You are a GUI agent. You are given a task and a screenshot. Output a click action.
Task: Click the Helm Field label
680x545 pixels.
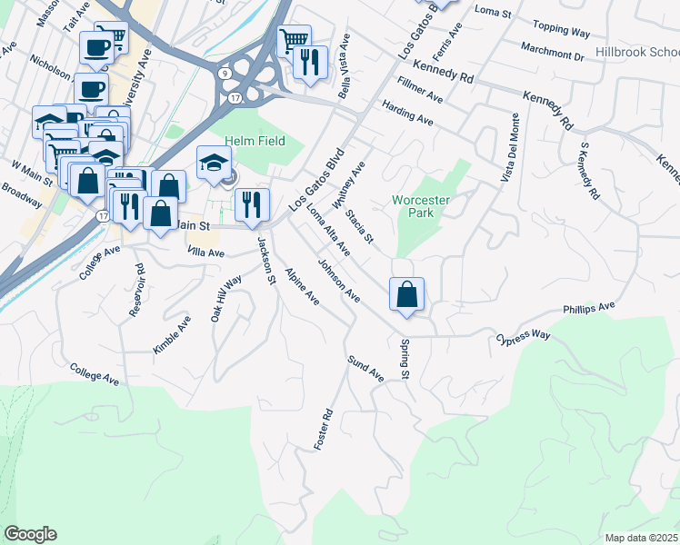click(255, 141)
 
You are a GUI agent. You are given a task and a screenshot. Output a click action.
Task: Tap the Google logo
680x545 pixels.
click(30, 534)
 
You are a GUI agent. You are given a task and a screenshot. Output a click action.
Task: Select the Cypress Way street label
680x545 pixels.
click(524, 340)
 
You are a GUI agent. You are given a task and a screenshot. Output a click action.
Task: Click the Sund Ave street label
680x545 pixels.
click(365, 369)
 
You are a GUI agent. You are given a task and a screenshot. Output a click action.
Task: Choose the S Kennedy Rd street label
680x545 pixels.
click(587, 171)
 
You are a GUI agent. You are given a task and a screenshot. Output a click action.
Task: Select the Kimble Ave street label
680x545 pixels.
click(172, 334)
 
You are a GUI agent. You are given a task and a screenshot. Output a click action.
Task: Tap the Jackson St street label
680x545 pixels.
click(265, 262)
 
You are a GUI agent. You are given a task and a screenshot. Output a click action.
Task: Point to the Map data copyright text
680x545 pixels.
click(641, 537)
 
